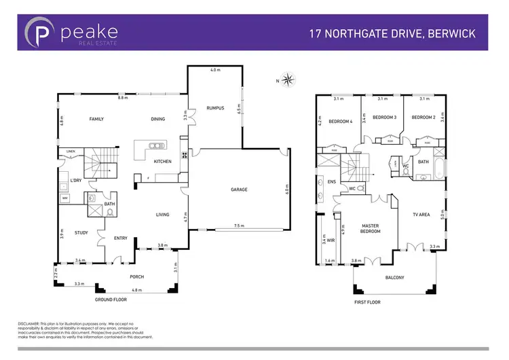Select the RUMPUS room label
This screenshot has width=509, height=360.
tap(216, 108)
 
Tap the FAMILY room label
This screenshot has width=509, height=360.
tap(96, 119)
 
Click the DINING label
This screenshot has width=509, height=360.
tap(157, 119)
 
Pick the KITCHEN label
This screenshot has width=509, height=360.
tap(162, 161)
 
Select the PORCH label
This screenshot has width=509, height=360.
tap(138, 276)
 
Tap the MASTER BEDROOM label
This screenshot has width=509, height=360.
tap(370, 228)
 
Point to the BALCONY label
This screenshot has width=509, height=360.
tap(394, 277)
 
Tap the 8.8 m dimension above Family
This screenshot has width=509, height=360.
tap(122, 98)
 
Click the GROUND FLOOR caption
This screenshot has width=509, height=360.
tap(111, 299)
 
